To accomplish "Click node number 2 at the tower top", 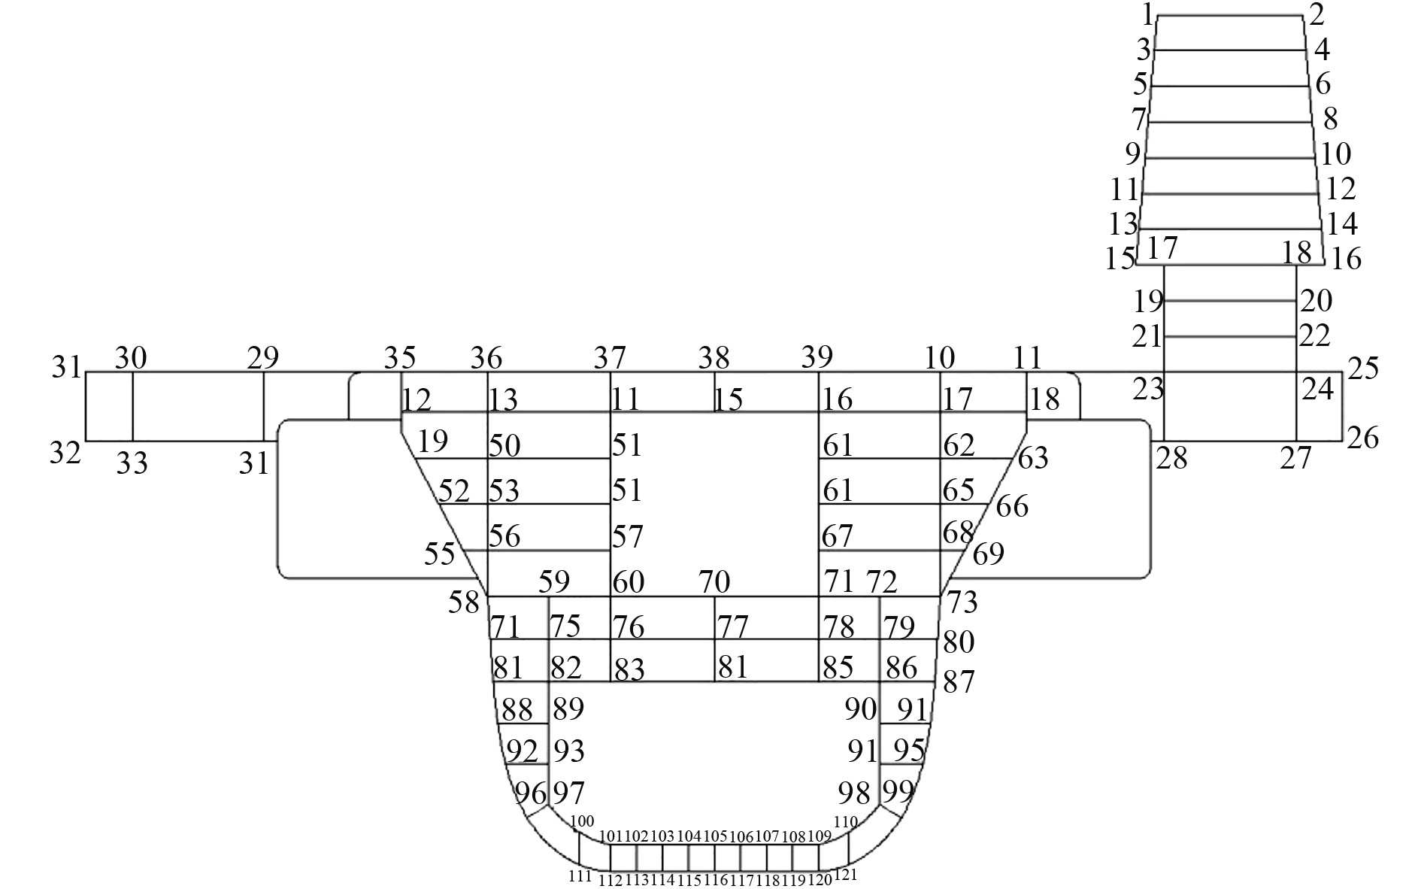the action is [1316, 14].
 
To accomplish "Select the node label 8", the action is [1330, 119].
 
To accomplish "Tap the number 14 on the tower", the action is [1342, 224].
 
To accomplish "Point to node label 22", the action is [1315, 335].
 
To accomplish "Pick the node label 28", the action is [1171, 458].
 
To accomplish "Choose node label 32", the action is [65, 454].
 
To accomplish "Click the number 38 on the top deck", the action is [714, 357].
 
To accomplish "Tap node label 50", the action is [504, 446].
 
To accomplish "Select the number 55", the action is [440, 554].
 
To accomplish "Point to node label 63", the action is [1033, 457].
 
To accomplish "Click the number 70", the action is [714, 581].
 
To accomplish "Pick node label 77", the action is [734, 626].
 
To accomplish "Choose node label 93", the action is [569, 751].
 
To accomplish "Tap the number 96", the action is [530, 793].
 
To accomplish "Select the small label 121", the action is [846, 875].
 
